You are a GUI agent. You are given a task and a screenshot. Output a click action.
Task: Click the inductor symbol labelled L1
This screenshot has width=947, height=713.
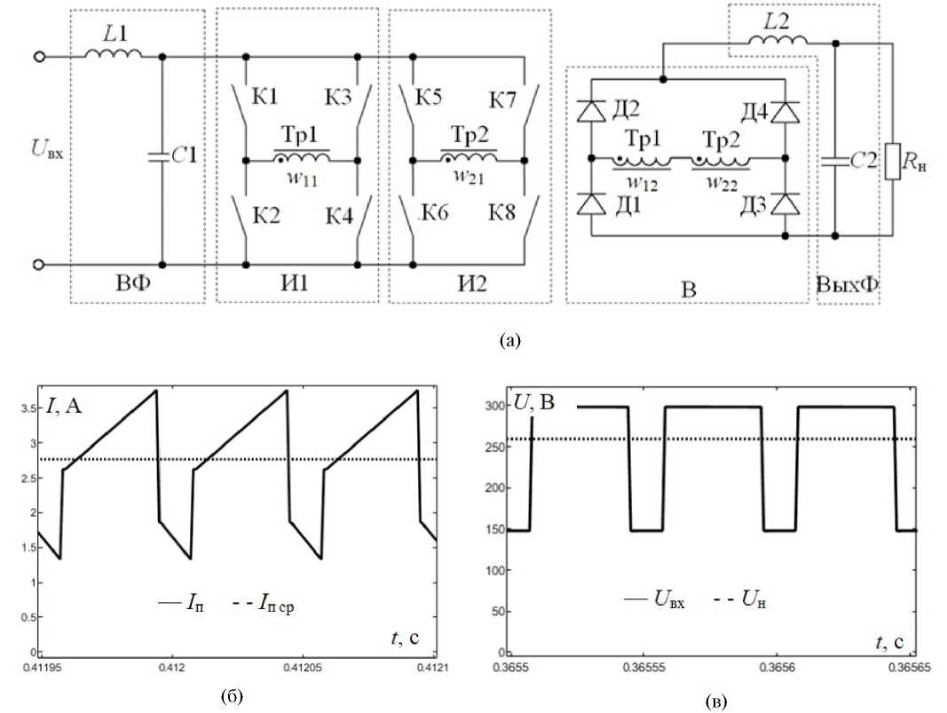click(x=114, y=55)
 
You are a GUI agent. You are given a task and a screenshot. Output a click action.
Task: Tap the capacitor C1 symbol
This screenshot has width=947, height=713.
click(x=162, y=157)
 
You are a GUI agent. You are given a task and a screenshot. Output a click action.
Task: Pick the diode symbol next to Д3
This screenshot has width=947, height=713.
click(x=785, y=203)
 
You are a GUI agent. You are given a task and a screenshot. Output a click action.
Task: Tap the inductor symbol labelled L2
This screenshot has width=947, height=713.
click(x=778, y=42)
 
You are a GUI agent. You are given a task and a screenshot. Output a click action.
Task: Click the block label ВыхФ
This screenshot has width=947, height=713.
click(x=847, y=284)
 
